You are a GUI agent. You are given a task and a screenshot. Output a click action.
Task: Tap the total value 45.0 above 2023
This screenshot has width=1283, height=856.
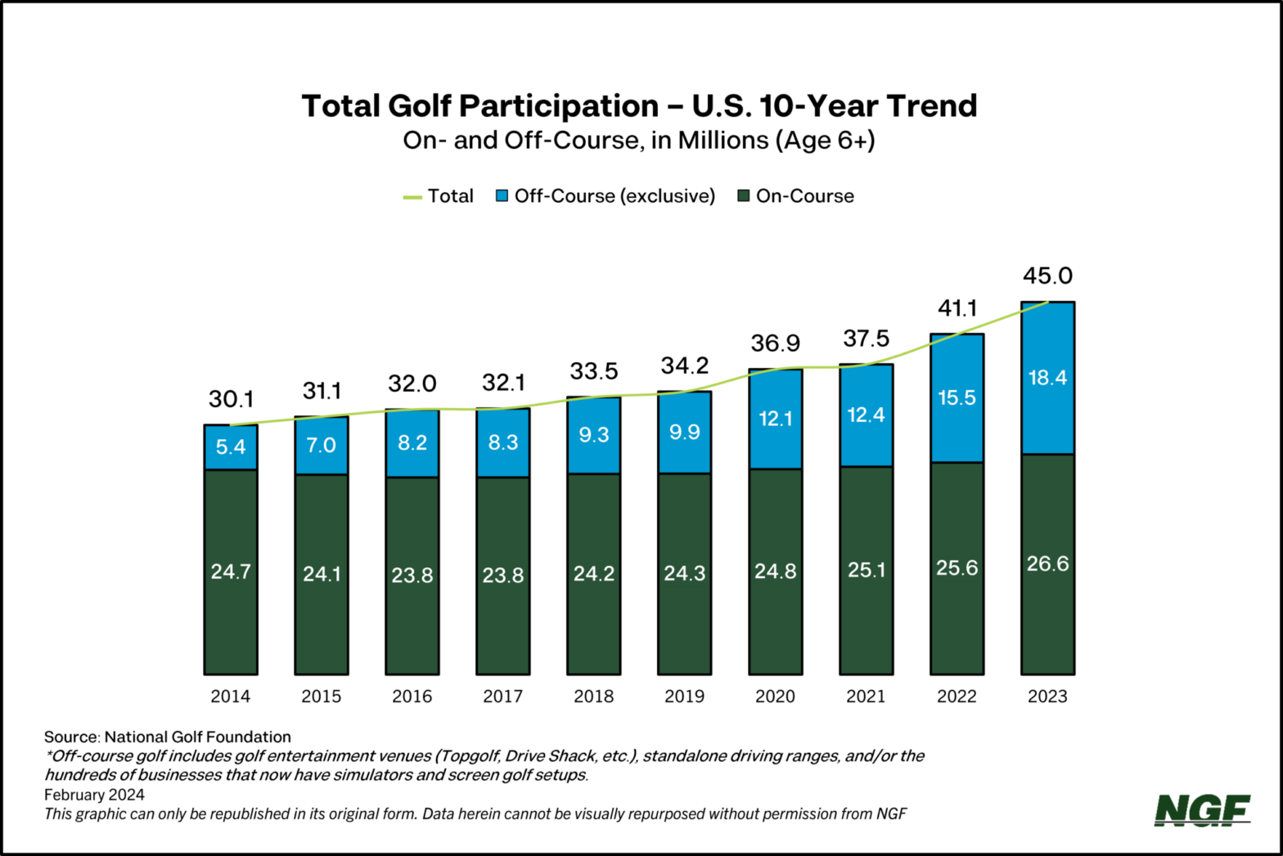pyautogui.click(x=1047, y=276)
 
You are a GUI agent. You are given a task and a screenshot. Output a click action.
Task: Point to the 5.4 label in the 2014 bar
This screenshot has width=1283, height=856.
pyautogui.click(x=231, y=447)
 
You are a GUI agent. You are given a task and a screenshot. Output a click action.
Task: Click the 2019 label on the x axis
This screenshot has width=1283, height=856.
pyautogui.click(x=684, y=697)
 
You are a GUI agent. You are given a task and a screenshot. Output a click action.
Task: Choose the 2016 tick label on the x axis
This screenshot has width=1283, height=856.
pyautogui.click(x=412, y=697)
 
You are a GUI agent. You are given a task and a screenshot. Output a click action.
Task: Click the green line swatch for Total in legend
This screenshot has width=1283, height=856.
pyautogui.click(x=412, y=197)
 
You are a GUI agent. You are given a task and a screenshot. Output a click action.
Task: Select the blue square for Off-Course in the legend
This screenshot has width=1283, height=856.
pyautogui.click(x=502, y=196)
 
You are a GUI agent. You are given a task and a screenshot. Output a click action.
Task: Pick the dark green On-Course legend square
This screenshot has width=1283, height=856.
pyautogui.click(x=744, y=196)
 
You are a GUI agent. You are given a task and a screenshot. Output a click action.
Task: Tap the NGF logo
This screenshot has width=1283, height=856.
pyautogui.click(x=1202, y=809)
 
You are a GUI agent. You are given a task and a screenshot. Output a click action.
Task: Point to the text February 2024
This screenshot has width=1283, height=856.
pyautogui.click(x=94, y=795)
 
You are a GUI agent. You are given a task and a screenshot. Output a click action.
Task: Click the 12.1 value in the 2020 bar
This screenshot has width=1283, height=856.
pyautogui.click(x=775, y=419)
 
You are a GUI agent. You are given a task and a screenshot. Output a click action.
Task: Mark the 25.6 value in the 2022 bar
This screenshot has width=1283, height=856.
pyautogui.click(x=957, y=568)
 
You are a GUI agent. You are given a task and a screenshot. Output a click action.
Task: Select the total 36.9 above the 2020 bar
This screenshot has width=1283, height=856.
pyautogui.click(x=775, y=343)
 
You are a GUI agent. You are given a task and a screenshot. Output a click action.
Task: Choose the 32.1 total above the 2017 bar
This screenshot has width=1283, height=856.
pyautogui.click(x=502, y=383)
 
